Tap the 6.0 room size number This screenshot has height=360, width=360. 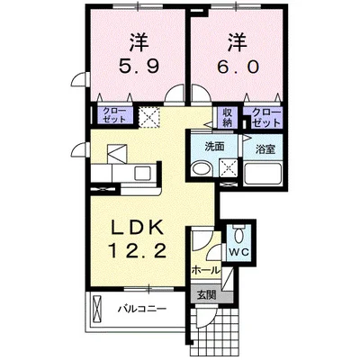[x=236, y=67]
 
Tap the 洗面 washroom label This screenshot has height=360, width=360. [x=213, y=146]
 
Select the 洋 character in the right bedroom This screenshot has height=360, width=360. [x=236, y=41]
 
